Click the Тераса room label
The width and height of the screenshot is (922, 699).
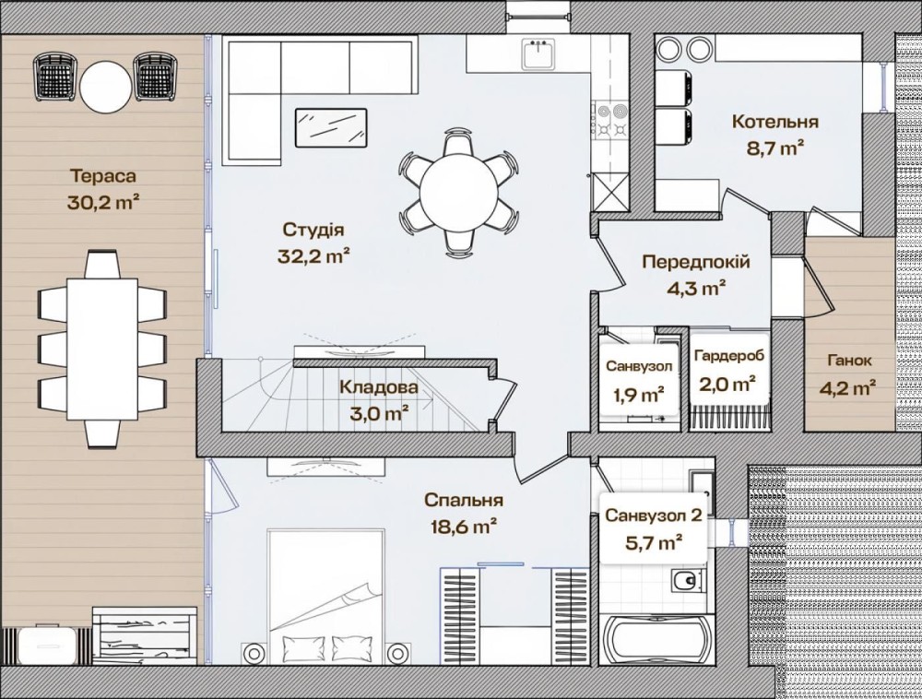(x=103, y=176)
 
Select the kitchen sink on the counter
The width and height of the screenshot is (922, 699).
(x=538, y=54)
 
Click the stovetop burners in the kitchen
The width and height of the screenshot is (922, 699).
(x=612, y=120)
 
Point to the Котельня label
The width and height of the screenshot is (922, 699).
(x=775, y=122)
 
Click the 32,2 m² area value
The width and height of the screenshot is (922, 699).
(x=313, y=255)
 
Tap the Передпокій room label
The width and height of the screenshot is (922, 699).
(x=695, y=262)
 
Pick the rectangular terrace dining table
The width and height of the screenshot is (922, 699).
(x=102, y=349)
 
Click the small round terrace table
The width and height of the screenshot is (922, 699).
(x=106, y=87)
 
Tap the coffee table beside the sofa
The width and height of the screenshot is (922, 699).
(x=331, y=127)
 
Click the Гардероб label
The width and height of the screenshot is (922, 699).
(x=729, y=356)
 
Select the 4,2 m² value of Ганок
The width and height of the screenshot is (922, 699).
(x=849, y=387)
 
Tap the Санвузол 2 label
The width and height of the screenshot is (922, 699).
(x=654, y=516)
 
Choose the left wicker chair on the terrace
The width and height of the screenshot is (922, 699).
(x=54, y=76)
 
